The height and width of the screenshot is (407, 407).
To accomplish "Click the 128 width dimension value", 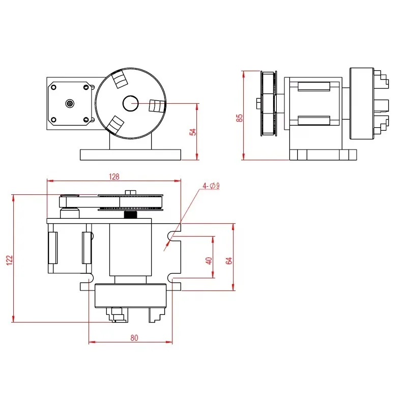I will click(x=114, y=177).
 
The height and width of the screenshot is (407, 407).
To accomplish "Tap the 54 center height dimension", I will click(x=192, y=131).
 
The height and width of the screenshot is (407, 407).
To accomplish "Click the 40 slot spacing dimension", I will click(x=208, y=260).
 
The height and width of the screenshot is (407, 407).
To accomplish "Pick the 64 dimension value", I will click(x=229, y=260).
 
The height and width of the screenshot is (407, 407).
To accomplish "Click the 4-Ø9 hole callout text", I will click(x=211, y=186).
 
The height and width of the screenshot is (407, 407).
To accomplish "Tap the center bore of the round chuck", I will click(x=130, y=103).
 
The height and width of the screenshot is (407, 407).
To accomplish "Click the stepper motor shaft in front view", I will click(x=69, y=103).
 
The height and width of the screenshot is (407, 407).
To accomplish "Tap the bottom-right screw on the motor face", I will click(x=86, y=120).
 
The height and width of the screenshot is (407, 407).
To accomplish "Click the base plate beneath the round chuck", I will click(x=130, y=154).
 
